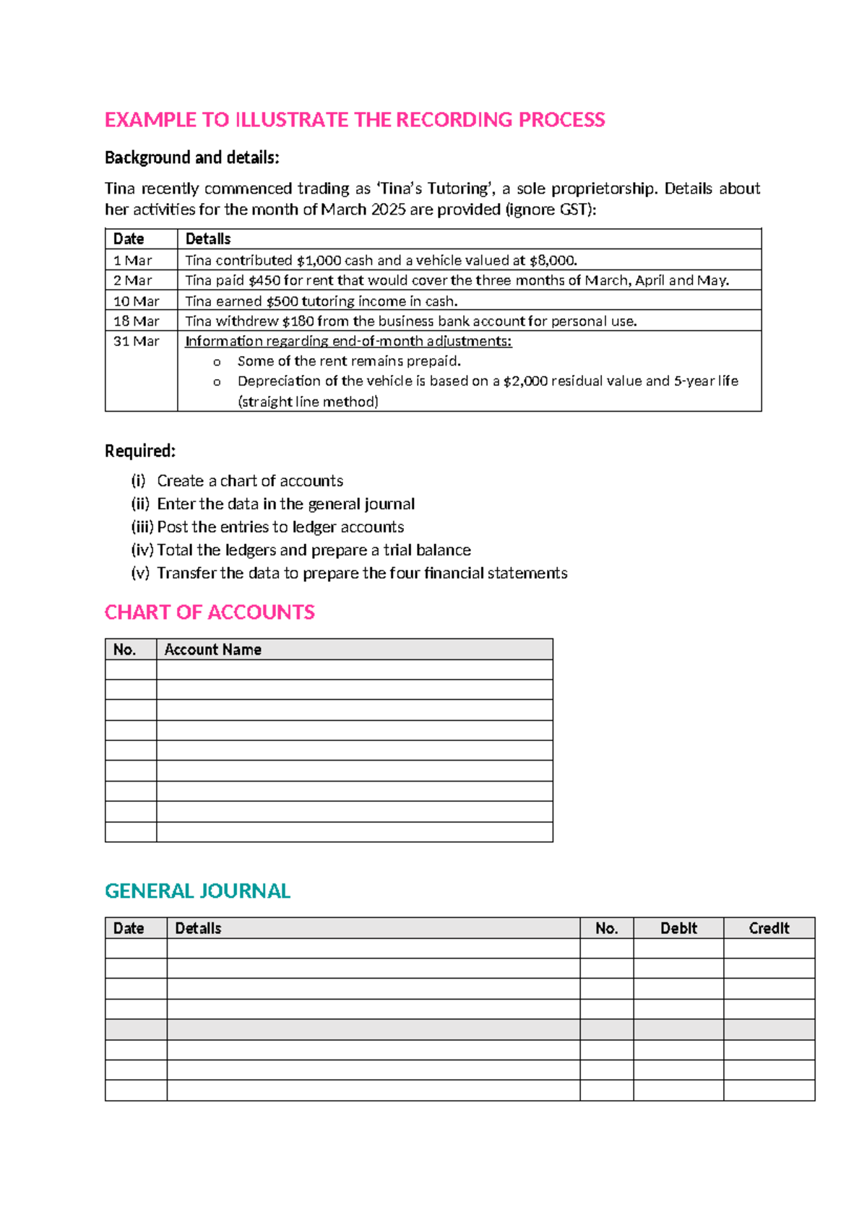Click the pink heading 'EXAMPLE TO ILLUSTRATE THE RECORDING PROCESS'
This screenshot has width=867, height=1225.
pos(354,120)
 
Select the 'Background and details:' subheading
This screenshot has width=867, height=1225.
pos(191,157)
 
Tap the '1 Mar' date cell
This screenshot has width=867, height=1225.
pos(132,260)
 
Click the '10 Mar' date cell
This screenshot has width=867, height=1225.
pos(136,300)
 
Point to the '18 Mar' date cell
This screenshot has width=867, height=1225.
pos(136,321)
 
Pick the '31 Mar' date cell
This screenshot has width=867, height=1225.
pos(136,341)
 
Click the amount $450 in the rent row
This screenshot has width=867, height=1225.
pos(264,280)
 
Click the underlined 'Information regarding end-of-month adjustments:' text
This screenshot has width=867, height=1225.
pos(348,341)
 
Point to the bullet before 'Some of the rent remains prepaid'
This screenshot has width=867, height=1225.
pos(217,362)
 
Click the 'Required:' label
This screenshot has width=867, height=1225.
pos(140,451)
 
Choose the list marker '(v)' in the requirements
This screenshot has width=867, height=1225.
pos(140,573)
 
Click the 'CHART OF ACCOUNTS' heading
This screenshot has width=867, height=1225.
pos(210,612)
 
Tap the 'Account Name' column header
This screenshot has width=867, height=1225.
pos(212,649)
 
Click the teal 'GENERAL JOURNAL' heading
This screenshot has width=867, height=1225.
pos(197,891)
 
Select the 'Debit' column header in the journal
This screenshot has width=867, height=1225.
pos(678,928)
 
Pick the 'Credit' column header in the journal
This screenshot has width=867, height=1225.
pos(769,928)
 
